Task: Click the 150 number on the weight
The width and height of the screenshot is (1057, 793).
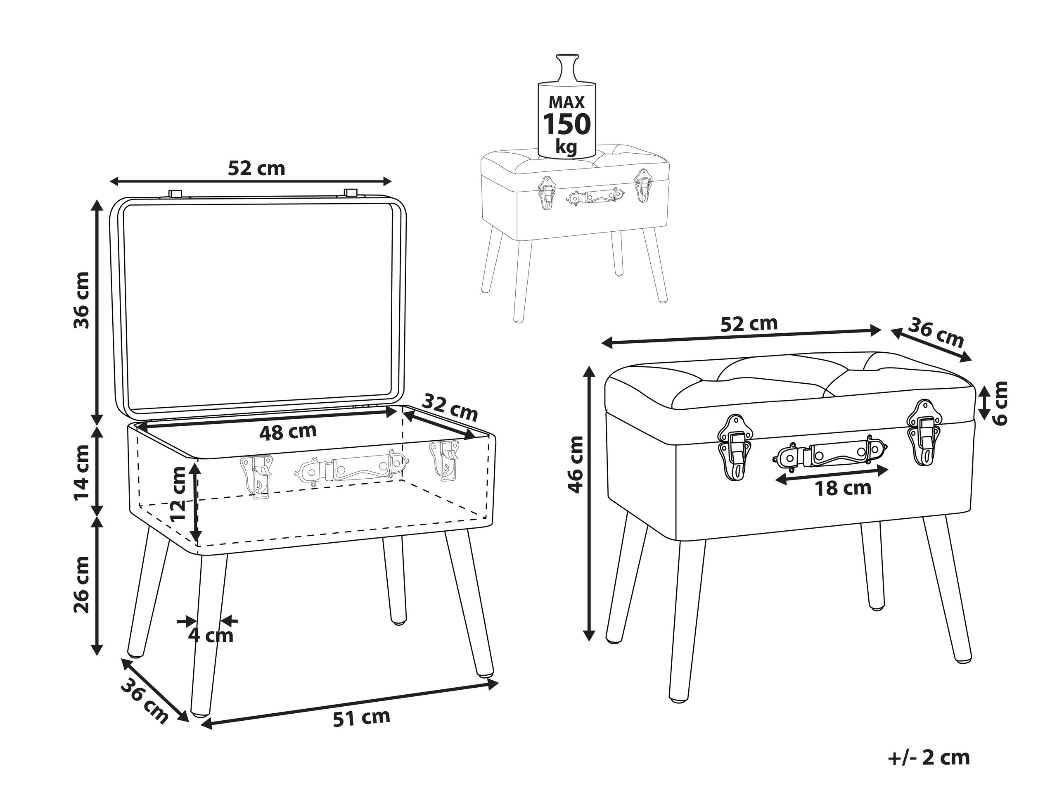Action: click(567, 125)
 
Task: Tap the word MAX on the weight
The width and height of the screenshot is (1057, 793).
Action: click(567, 102)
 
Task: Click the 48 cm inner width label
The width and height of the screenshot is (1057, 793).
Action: click(288, 432)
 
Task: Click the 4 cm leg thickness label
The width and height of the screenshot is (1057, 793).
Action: click(210, 635)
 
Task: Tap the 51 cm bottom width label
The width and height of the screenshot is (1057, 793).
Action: click(361, 717)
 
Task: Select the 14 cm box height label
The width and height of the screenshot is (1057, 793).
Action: click(82, 472)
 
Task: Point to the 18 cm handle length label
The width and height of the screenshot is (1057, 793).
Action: click(843, 488)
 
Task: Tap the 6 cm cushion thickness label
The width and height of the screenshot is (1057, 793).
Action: click(999, 403)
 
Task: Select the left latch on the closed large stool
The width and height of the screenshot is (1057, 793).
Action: click(735, 447)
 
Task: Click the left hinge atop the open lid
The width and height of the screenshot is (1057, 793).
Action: click(175, 193)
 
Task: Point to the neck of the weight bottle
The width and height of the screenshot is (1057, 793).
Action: click(567, 72)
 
